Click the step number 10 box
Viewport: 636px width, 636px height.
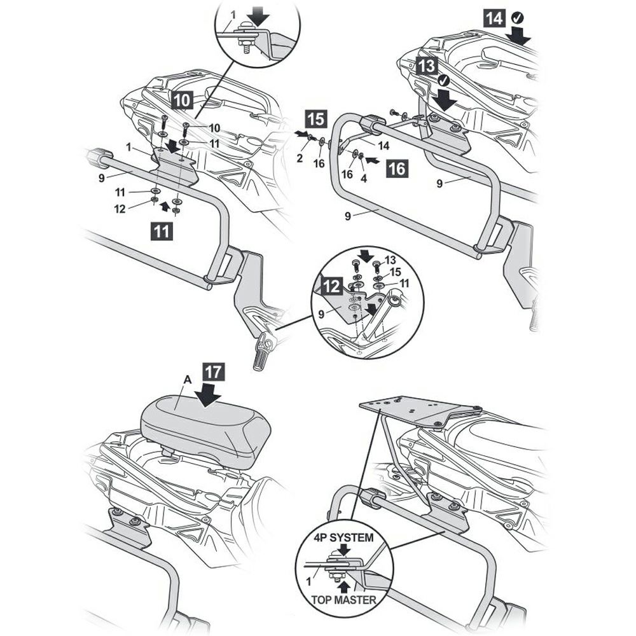click(x=181, y=99)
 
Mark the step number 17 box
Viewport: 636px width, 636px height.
click(x=214, y=373)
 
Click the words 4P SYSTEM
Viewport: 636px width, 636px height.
click(x=343, y=537)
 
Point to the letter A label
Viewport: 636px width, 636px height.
click(x=187, y=380)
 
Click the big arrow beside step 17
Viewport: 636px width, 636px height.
click(x=209, y=396)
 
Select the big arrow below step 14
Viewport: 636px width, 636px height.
click(x=519, y=36)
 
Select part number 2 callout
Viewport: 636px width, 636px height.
click(x=299, y=158)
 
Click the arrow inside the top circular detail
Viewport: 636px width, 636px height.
click(x=259, y=14)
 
